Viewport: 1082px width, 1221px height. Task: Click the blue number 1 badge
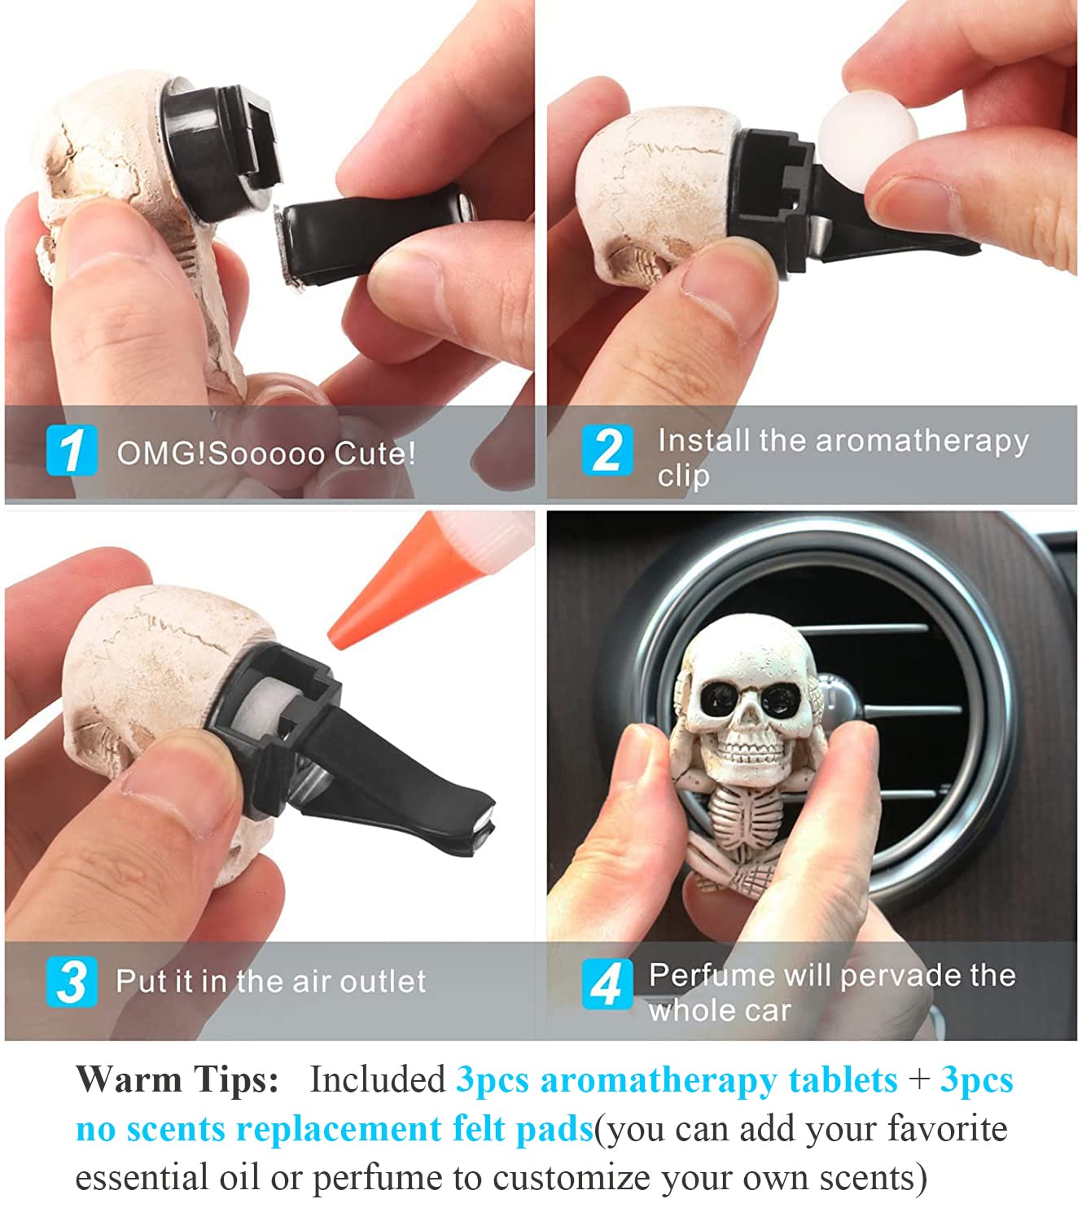point(72,449)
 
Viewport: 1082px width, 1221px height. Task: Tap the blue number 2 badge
point(607,449)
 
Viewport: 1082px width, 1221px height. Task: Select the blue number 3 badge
point(72,981)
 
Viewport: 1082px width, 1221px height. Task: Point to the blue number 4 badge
point(607,982)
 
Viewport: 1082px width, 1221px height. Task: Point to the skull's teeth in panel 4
point(751,746)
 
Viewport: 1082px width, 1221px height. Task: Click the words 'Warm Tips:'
point(177,1080)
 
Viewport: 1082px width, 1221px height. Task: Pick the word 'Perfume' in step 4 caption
point(711,974)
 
